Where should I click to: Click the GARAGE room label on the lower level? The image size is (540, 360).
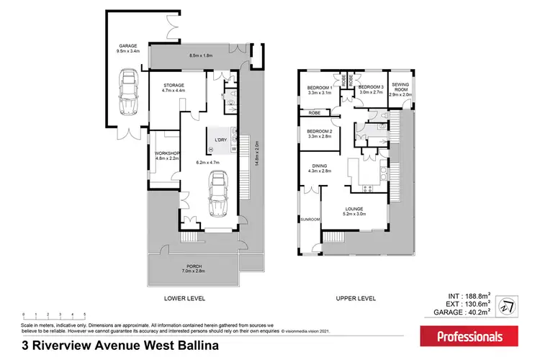129,46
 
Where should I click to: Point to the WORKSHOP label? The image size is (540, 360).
166,153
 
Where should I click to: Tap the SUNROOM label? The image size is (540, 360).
310,218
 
